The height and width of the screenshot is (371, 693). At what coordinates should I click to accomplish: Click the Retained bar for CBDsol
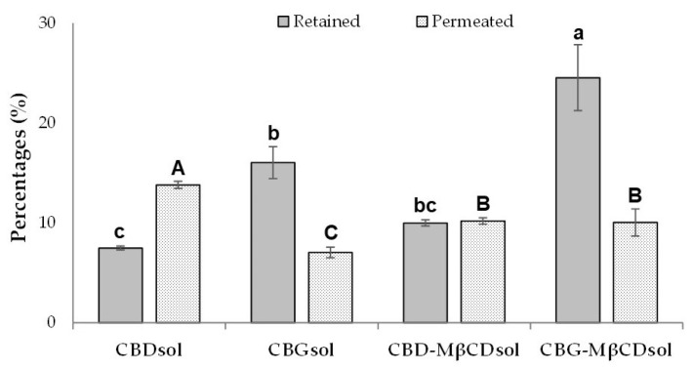pos(121,285)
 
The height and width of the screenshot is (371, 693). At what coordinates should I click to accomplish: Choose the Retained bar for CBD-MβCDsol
pos(426,272)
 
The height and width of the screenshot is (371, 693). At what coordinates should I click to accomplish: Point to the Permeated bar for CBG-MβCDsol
pos(634,272)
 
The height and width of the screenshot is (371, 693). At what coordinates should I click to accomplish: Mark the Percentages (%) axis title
pos(20,172)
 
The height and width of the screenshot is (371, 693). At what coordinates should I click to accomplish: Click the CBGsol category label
pos(302,349)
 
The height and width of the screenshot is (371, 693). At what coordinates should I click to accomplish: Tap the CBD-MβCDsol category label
pos(454,349)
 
